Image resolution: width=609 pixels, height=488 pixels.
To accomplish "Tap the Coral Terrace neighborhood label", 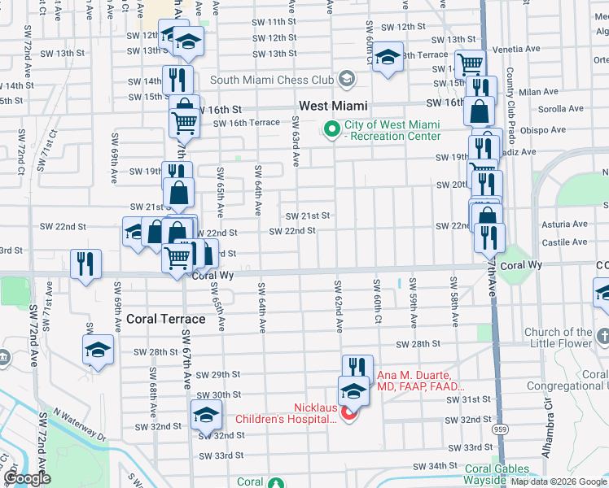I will pyautogui.click(x=160, y=319).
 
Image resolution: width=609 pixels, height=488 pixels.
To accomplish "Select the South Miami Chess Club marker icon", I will pyautogui.click(x=348, y=80).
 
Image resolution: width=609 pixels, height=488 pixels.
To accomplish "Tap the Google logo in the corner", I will pyautogui.click(x=27, y=478).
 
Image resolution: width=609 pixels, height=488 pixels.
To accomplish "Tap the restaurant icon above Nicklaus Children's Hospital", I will pyautogui.click(x=357, y=368).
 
